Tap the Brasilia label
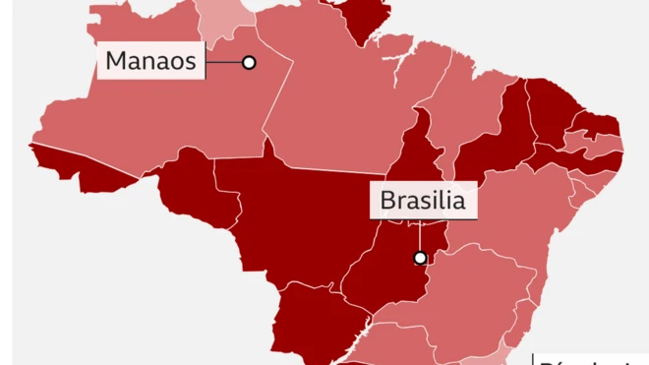423,202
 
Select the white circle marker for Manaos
249,62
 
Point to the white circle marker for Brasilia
421,258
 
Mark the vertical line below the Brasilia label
421,235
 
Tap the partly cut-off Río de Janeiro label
590,358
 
